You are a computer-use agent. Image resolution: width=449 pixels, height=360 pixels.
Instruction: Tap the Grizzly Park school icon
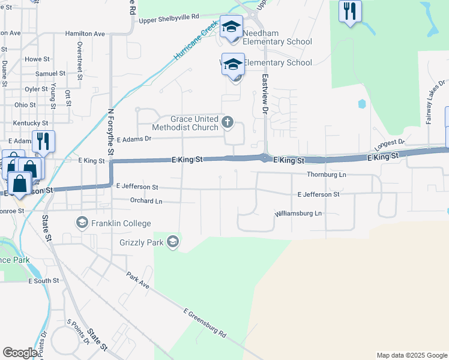pos(173,242)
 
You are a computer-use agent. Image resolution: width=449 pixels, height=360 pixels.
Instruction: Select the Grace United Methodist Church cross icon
pos(227,123)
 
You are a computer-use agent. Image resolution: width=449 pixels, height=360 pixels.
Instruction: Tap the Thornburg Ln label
pos(327,175)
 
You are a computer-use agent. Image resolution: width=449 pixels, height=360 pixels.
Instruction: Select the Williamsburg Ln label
pos(298,214)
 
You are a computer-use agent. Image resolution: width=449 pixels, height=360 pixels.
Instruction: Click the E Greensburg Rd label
pos(204,323)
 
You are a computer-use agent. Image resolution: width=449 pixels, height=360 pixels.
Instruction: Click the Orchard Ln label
pos(146,201)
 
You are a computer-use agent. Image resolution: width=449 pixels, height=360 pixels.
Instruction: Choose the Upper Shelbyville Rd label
pos(169,18)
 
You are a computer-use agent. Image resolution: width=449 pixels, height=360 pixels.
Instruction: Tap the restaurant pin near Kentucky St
pos(43,142)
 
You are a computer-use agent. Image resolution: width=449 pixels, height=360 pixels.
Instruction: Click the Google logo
pos(20,352)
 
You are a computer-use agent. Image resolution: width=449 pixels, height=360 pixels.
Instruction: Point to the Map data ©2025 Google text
pos(411,355)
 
